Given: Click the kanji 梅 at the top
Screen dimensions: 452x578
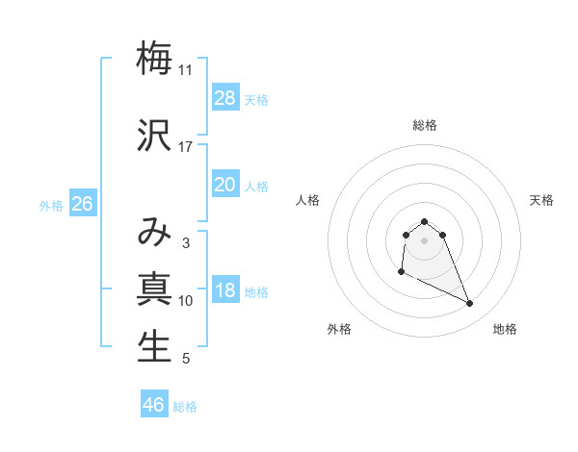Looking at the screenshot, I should (154, 58).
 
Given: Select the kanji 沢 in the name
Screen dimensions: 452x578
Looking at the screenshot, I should (154, 135).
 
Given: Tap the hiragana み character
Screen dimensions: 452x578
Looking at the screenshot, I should (154, 231).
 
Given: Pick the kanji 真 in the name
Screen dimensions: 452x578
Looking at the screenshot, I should (154, 289).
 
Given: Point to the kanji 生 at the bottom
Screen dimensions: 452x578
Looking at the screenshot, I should (154, 347).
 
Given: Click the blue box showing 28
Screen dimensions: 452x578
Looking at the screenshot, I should (224, 98).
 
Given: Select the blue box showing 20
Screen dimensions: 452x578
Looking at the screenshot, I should (224, 185).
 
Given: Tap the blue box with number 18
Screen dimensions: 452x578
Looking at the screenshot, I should (224, 291).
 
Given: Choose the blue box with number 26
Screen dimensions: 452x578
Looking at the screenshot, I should (82, 204).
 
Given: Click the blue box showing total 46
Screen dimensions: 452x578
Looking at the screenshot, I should (154, 405).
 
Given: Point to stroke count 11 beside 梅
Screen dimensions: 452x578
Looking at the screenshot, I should (185, 70).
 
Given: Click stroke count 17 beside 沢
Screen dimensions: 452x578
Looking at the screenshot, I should (185, 147).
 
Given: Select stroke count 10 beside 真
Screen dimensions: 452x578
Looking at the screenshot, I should (185, 301).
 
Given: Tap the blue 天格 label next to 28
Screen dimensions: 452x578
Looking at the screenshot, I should (256, 99).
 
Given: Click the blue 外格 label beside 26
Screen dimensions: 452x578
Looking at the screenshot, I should (51, 205).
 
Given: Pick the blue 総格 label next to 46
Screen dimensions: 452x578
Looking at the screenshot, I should (185, 407).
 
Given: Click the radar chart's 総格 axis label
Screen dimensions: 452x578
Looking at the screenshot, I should (424, 125).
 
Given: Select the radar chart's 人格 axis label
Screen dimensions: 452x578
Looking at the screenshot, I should (308, 200).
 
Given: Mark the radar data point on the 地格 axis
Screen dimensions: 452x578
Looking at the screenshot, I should (470, 304).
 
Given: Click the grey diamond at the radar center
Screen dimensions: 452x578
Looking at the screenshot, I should (424, 239).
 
